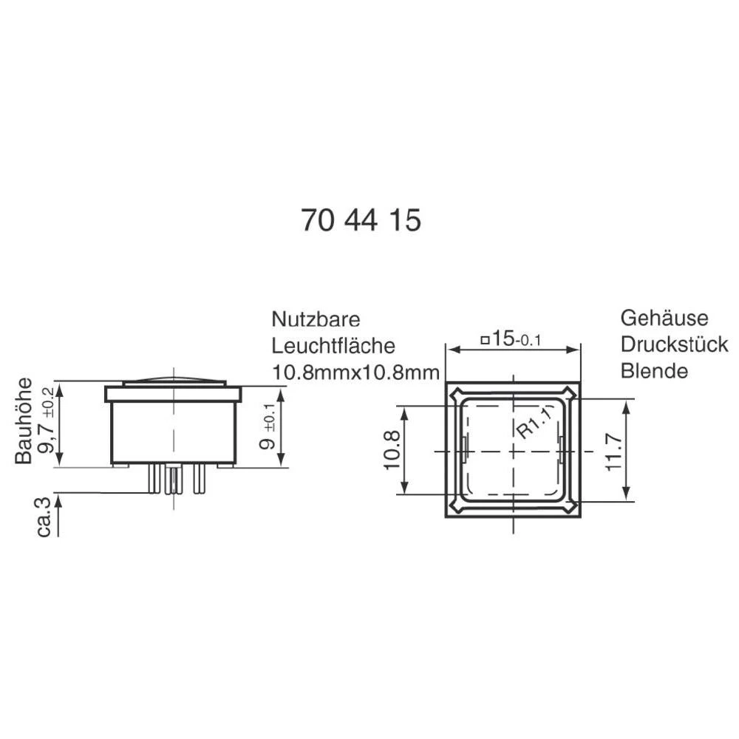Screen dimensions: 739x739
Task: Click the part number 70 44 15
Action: click(361, 220)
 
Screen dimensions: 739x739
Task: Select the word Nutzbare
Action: click(316, 319)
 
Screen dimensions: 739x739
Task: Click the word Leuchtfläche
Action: click(333, 345)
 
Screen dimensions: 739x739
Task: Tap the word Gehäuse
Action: click(664, 318)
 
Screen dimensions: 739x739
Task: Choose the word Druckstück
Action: click(674, 344)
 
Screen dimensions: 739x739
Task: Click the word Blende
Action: click(654, 370)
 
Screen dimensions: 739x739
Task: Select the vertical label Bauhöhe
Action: click(24, 420)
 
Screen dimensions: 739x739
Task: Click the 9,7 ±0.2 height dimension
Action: click(49, 422)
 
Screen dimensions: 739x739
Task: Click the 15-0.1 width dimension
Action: click(511, 339)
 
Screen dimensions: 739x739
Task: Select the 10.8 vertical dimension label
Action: click(392, 450)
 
